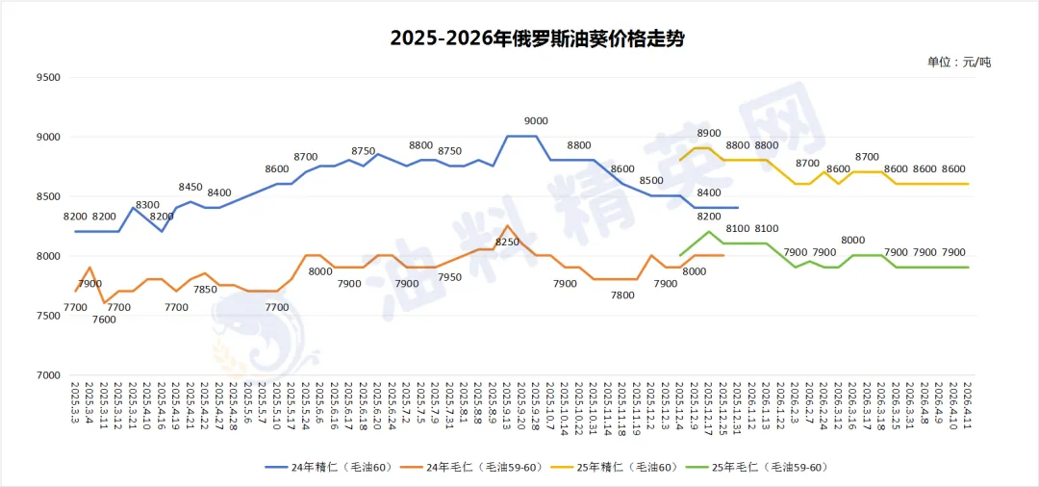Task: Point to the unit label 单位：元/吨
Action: point(958,62)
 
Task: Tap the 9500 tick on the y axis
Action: point(45,78)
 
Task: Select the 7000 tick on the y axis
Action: point(45,375)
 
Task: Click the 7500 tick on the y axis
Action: point(45,316)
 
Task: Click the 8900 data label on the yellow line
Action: point(709,133)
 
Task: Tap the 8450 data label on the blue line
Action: point(190,187)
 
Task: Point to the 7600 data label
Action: point(104,320)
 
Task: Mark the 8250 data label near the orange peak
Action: point(507,242)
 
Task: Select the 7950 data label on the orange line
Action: point(449,277)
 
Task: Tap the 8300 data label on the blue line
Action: point(147,205)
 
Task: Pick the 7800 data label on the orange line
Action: point(622,295)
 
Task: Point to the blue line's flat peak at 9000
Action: point(521,137)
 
